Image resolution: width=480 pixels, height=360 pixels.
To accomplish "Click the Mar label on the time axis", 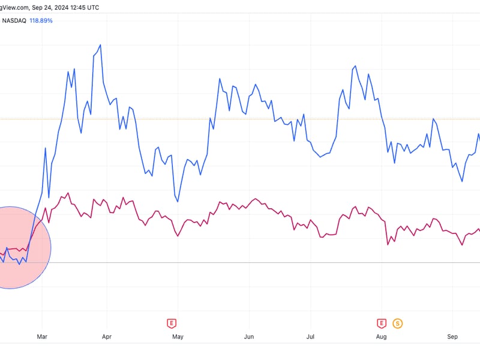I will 41,337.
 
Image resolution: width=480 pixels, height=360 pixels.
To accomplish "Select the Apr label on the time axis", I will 107,337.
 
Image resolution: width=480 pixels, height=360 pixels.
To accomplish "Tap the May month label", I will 178,337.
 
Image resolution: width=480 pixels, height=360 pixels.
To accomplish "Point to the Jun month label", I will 248,337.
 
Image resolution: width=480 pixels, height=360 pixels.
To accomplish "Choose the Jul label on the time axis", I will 311,337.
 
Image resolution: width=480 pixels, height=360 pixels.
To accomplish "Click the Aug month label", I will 382,337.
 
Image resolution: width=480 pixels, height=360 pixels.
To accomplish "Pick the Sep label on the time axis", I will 453,337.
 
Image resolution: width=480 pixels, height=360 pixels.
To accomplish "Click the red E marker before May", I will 172,323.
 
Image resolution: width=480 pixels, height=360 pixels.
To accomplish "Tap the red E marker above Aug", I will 381,323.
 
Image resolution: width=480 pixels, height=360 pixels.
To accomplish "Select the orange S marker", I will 397,323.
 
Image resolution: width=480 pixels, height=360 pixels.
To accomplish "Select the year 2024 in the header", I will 62,7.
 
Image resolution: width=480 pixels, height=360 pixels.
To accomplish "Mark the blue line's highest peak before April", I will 100,44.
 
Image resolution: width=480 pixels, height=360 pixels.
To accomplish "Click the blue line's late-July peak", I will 355,66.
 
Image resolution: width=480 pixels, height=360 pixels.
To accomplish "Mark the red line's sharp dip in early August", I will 388,245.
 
